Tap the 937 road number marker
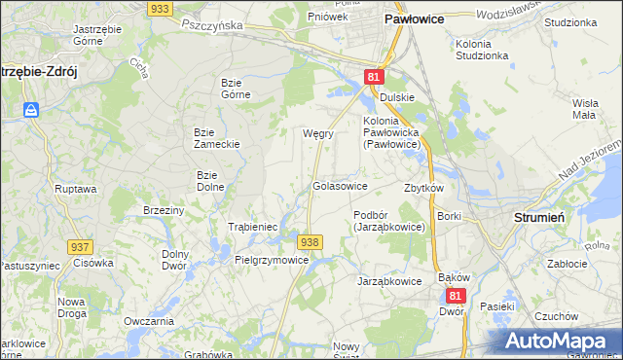pos(79,247)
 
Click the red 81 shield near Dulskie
pos(375,77)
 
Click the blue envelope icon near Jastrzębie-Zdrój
pos(31,110)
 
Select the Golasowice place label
pos(340,185)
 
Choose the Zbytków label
pos(423,188)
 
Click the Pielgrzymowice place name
pos(272,261)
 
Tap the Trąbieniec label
pos(253,226)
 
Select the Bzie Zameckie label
pos(217,137)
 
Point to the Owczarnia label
pos(149,321)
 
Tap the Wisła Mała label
pos(585,108)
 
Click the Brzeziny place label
pos(164,210)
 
